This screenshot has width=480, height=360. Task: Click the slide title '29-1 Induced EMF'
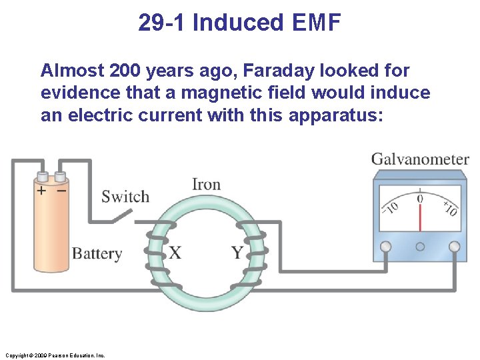[x=239, y=23]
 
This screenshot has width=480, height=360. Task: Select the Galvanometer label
[x=420, y=159]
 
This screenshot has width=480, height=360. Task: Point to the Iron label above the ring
[x=206, y=184]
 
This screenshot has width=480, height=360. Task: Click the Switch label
[x=125, y=197]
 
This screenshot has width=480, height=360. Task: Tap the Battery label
[x=97, y=253]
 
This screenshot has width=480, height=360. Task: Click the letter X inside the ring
[x=175, y=253]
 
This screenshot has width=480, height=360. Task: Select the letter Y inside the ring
[x=237, y=253]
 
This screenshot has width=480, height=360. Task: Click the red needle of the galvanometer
[x=420, y=217]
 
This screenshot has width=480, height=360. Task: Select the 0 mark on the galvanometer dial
[x=420, y=197]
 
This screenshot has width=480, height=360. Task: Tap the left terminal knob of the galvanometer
[x=385, y=247]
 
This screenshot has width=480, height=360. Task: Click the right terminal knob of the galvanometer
[x=455, y=247]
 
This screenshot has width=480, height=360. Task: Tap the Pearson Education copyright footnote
[x=54, y=355]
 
